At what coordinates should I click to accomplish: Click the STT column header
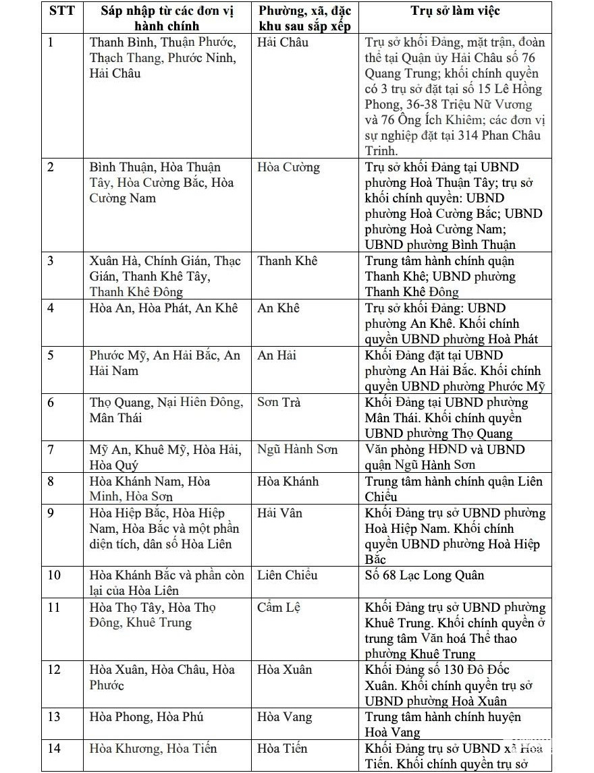coord(61,11)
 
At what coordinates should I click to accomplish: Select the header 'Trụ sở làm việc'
coord(456,11)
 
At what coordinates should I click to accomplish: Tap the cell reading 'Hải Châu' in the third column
coord(283,42)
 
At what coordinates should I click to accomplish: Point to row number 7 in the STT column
coord(51,450)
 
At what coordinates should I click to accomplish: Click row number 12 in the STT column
coord(54,670)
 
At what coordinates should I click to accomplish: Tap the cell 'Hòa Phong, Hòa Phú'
coord(146,717)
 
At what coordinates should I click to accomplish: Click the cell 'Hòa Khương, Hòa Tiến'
coord(153,749)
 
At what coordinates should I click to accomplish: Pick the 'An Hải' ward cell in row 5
coord(277,355)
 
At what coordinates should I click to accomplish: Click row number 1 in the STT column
coord(51,42)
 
